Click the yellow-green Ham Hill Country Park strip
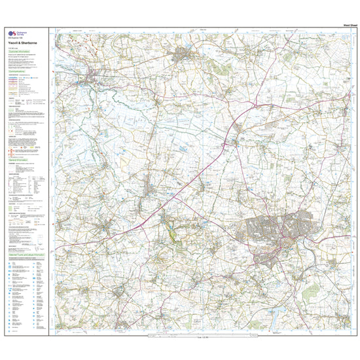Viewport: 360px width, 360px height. pyautogui.click(x=171, y=229)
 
